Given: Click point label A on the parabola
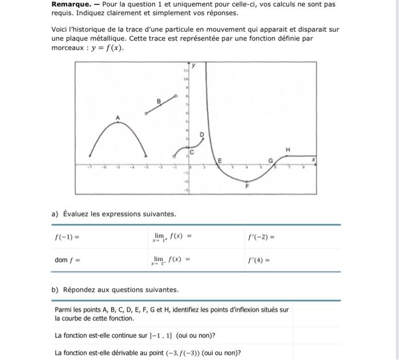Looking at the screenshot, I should [118, 118].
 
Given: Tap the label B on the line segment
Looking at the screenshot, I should [159, 101].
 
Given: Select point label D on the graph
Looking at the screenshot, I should [201, 135].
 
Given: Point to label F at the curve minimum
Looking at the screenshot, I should [247, 187].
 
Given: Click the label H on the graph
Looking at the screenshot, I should [288, 149].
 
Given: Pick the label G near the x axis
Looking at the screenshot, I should [271, 161].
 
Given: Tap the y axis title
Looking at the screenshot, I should [193, 66].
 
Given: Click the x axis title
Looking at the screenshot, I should [312, 161].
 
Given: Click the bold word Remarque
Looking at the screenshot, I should [71, 5].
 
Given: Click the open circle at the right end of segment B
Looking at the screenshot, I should [177, 96].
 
